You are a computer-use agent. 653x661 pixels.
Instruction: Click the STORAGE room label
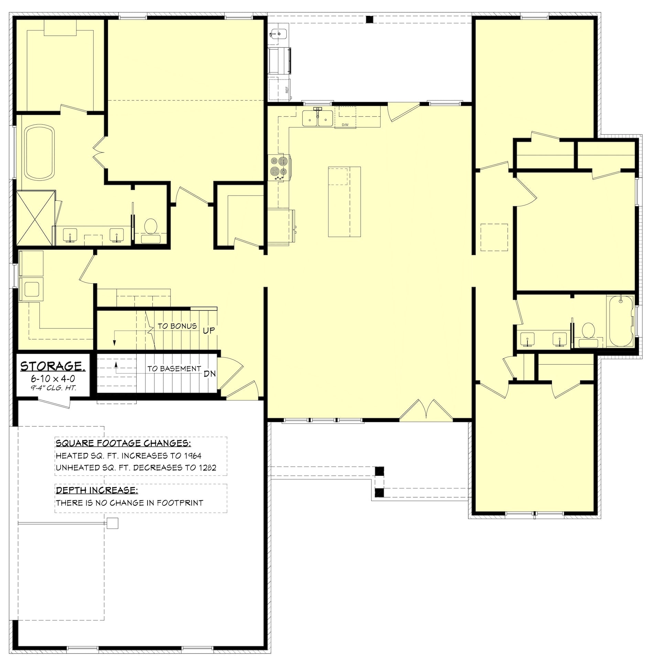click(53, 366)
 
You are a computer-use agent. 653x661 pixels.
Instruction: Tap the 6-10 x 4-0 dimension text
click(53, 379)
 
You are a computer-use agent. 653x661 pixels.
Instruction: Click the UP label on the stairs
click(209, 330)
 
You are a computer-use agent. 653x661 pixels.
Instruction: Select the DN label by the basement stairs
click(210, 374)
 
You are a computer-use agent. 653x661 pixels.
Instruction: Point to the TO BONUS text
click(177, 326)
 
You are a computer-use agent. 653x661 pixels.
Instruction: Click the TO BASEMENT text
click(174, 369)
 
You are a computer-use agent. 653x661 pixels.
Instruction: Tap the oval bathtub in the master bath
click(40, 153)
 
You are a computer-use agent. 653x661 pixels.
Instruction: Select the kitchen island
click(344, 202)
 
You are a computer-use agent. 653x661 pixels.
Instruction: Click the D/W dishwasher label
click(345, 125)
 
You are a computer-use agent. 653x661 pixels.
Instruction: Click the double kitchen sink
click(317, 118)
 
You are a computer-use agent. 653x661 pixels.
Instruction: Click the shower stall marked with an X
click(35, 218)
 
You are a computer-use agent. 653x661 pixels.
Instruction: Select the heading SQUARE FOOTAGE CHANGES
click(123, 443)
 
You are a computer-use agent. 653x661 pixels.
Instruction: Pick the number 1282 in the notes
click(207, 468)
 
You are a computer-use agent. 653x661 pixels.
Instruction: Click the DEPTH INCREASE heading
click(97, 490)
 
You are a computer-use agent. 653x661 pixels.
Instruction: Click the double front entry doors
click(426, 410)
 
